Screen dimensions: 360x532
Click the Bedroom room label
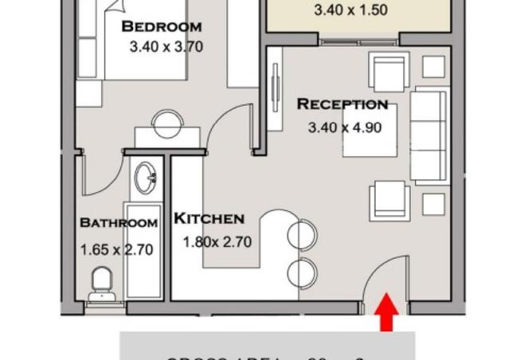pos(162,26)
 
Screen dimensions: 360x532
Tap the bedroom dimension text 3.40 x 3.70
pos(166,47)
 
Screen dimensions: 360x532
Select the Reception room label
pos(342,104)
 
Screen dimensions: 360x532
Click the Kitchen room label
pos(209,218)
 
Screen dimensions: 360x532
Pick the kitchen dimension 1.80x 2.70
pos(217,241)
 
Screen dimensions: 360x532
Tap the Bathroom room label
pos(119,223)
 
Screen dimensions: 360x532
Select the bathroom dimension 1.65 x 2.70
pos(116,249)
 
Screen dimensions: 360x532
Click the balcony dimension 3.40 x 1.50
pos(351,11)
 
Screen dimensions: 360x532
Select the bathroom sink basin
pos(146,178)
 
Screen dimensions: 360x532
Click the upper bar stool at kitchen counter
pos(303,235)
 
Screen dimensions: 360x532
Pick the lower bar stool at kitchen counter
pos(302,272)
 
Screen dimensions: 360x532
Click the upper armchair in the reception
pos(389,71)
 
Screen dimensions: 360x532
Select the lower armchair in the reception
pos(389,201)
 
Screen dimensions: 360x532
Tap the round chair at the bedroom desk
pos(167,123)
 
